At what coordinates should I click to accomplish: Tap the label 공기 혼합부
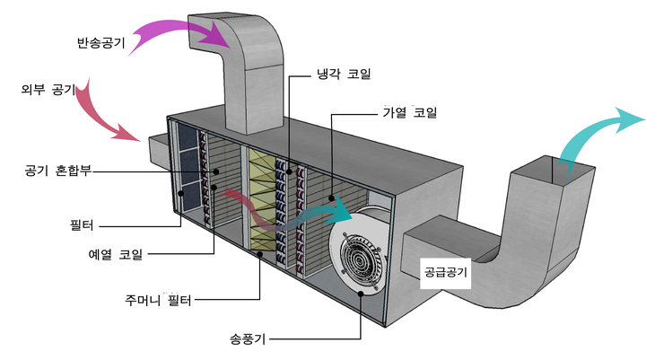(58, 170)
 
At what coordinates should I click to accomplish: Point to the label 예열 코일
(106, 253)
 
